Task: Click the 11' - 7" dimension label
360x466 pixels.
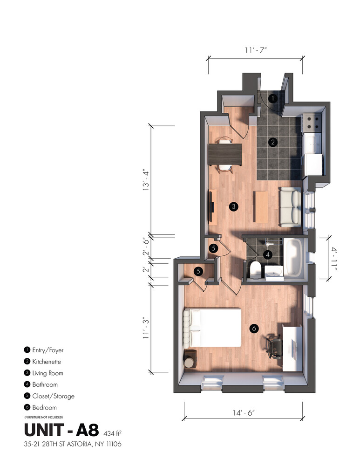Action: tap(255, 50)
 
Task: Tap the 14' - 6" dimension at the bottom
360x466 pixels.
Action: tap(244, 412)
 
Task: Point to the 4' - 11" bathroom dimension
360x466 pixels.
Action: tap(334, 258)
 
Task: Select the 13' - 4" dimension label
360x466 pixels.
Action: tap(146, 180)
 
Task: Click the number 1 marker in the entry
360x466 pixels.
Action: tap(272, 98)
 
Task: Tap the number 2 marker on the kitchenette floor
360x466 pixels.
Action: tap(272, 142)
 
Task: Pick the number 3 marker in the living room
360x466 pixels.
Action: tap(234, 206)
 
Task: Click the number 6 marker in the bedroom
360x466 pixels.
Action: tap(254, 329)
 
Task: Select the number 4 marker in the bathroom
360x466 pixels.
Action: tap(268, 254)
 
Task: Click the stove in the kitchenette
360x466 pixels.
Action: tap(312, 123)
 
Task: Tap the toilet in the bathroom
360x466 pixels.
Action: tap(255, 269)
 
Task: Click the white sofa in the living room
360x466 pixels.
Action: tap(290, 207)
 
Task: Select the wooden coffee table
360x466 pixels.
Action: tap(261, 207)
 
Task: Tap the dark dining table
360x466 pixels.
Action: tap(225, 154)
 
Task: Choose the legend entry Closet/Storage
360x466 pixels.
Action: tap(54, 396)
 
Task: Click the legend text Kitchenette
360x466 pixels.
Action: tap(47, 362)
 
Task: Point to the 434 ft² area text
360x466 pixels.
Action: tap(113, 433)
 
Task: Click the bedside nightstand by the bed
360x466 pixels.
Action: tap(190, 359)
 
